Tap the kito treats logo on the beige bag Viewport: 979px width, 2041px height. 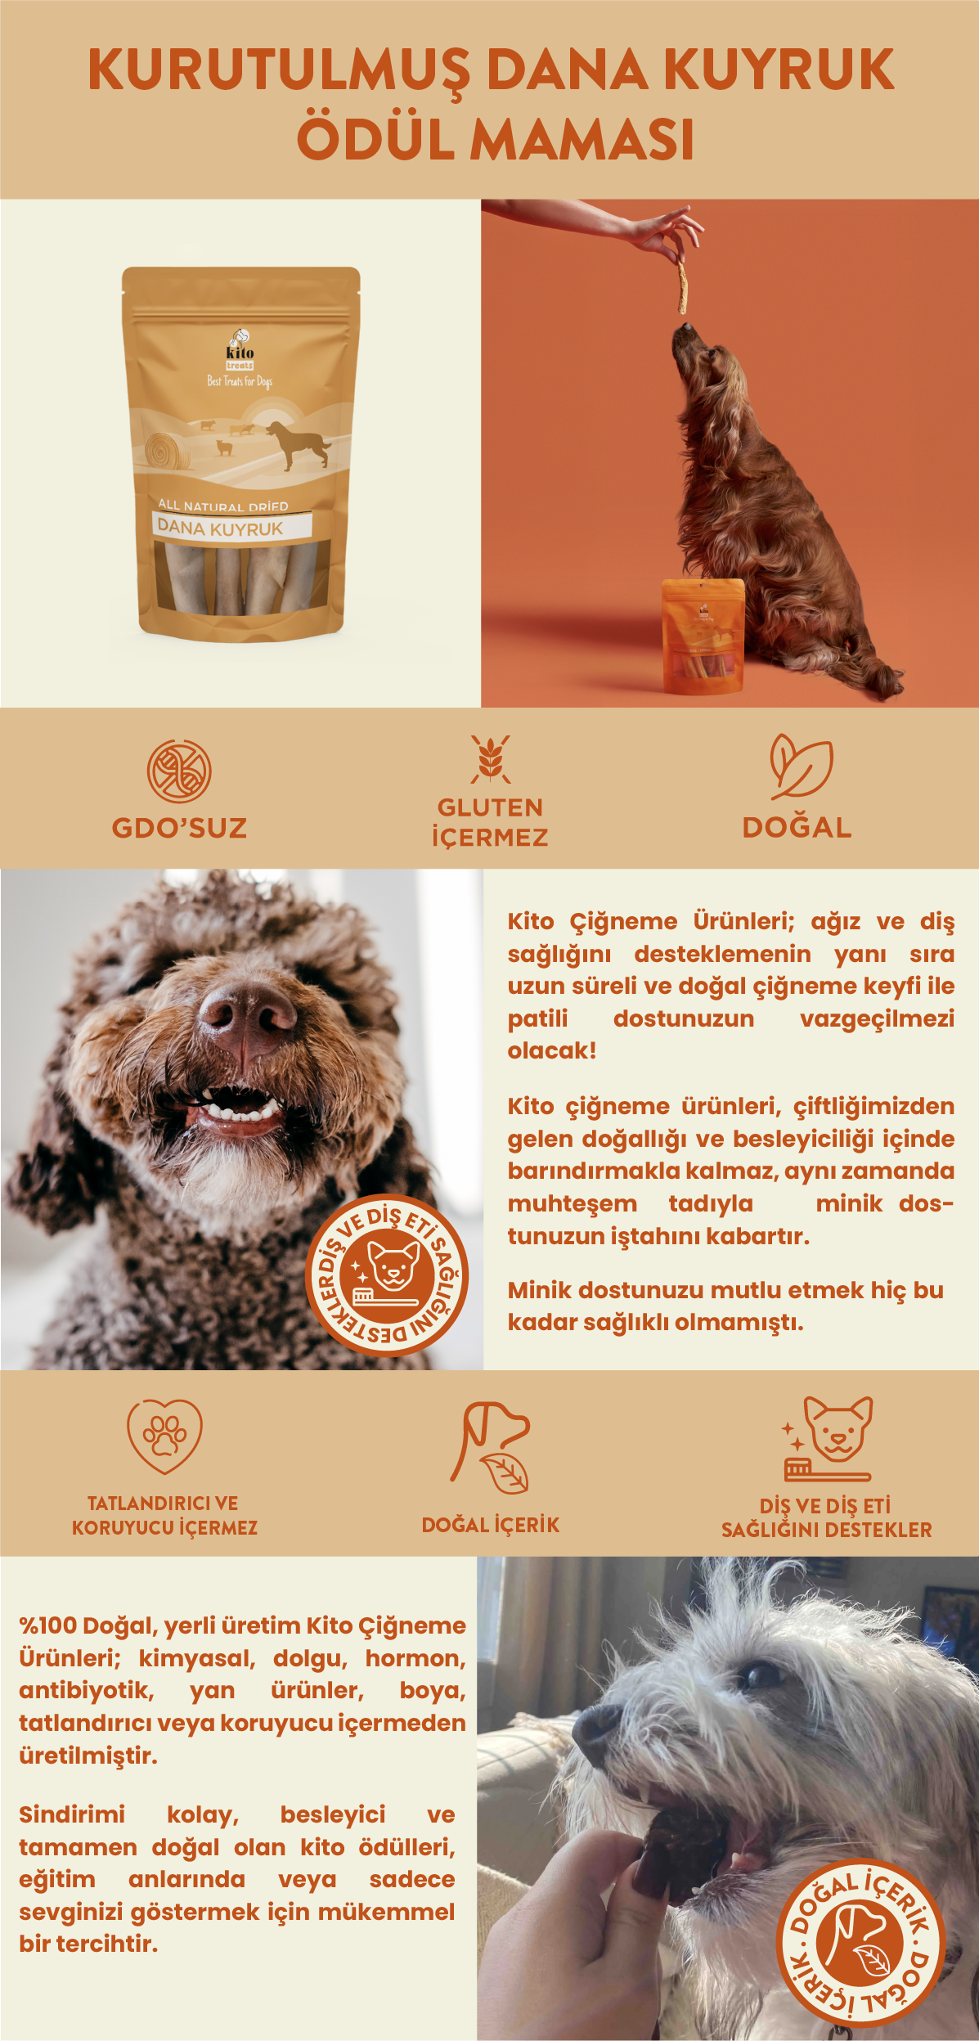pos(240,350)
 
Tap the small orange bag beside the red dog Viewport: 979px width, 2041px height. pos(703,636)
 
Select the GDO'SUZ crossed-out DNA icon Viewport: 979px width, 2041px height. pos(179,771)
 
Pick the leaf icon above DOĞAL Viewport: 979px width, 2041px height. pos(800,766)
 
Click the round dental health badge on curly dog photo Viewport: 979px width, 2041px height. pos(387,1275)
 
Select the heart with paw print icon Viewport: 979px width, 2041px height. pos(164,1437)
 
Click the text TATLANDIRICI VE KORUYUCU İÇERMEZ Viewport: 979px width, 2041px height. pos(164,1515)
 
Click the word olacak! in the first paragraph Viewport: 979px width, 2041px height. pos(552,1050)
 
